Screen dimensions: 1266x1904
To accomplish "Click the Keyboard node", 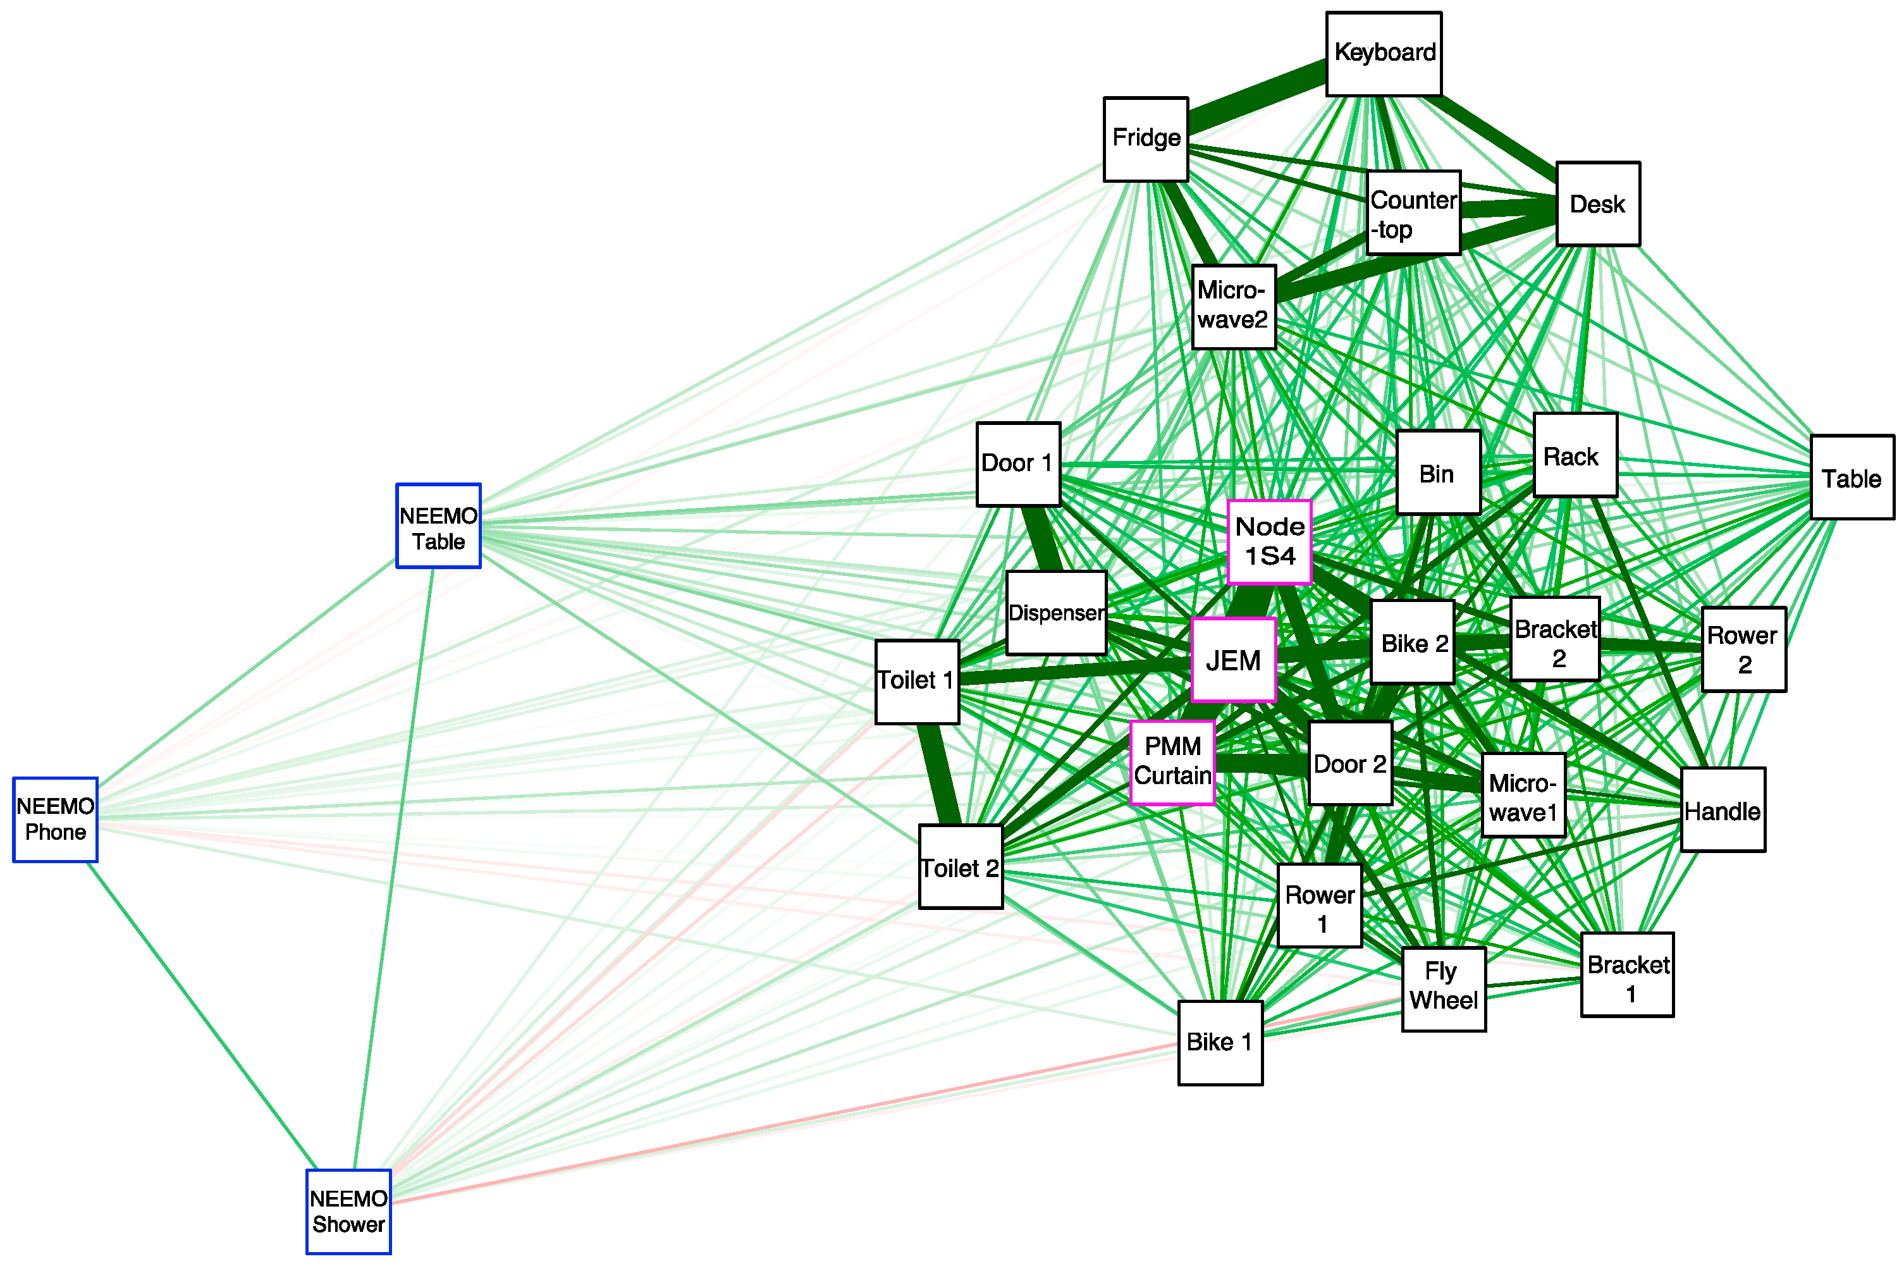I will point(1384,53).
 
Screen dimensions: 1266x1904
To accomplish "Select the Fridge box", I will point(1145,139).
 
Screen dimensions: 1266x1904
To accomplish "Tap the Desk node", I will point(1597,204).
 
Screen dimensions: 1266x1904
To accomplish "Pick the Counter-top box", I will point(1413,212).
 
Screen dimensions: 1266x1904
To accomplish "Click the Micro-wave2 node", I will point(1233,306).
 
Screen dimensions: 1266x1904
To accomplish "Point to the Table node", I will point(1852,477).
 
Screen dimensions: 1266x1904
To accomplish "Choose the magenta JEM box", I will point(1233,660).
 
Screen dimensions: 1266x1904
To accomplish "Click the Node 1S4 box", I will point(1268,541).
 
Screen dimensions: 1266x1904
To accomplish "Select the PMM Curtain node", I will point(1172,762).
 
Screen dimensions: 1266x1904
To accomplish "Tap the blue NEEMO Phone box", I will point(55,820).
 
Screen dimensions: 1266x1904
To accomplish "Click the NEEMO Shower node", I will point(348,1211).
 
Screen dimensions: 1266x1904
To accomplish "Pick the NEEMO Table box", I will point(438,525).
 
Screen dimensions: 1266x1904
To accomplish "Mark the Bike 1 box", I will point(1220,1042).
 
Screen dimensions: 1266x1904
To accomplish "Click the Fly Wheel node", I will point(1443,988).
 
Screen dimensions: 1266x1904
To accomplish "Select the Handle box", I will point(1723,810).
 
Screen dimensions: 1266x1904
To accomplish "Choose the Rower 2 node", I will point(1743,649).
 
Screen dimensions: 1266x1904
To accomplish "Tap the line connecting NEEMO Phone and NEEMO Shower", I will point(202,1015).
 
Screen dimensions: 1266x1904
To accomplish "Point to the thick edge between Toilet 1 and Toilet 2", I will point(938,773).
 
